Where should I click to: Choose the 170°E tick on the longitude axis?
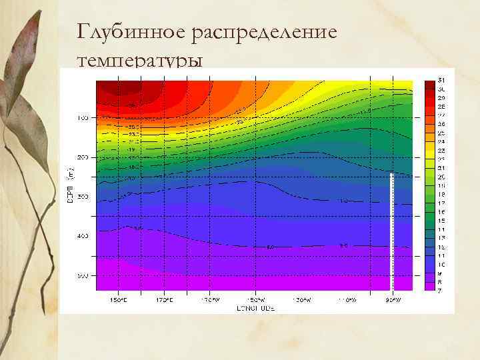(x=164, y=300)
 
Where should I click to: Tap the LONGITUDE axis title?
(x=255, y=309)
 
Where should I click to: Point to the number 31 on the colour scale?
(x=441, y=80)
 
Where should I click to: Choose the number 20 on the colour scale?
(x=441, y=177)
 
